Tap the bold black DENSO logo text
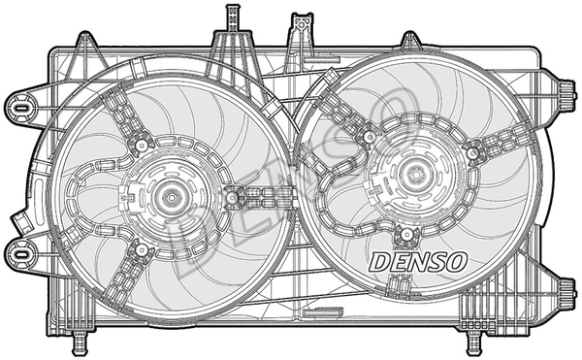(419, 261)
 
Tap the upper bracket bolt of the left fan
(141, 145)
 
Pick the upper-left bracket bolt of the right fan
(367, 137)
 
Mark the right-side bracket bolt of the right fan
(473, 150)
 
